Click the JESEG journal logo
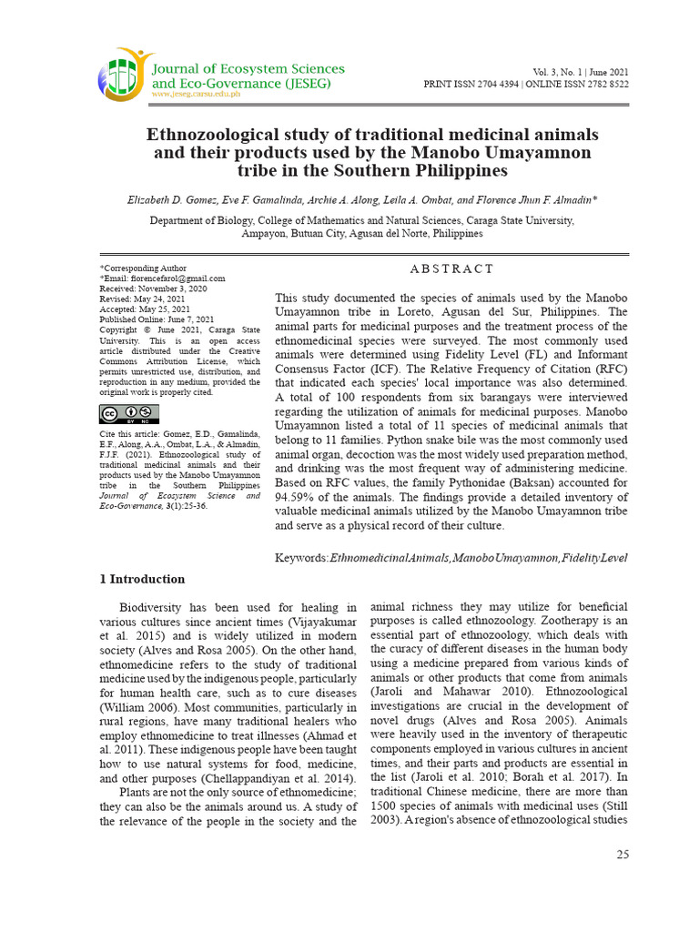[123, 74]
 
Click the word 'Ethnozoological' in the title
[219, 135]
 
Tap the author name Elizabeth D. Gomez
[168, 199]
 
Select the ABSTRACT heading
[451, 268]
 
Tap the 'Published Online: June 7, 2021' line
[157, 319]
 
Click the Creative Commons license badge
[129, 414]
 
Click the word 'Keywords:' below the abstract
[300, 557]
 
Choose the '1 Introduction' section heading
[141, 579]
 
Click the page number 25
[622, 854]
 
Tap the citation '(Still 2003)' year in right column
[385, 820]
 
